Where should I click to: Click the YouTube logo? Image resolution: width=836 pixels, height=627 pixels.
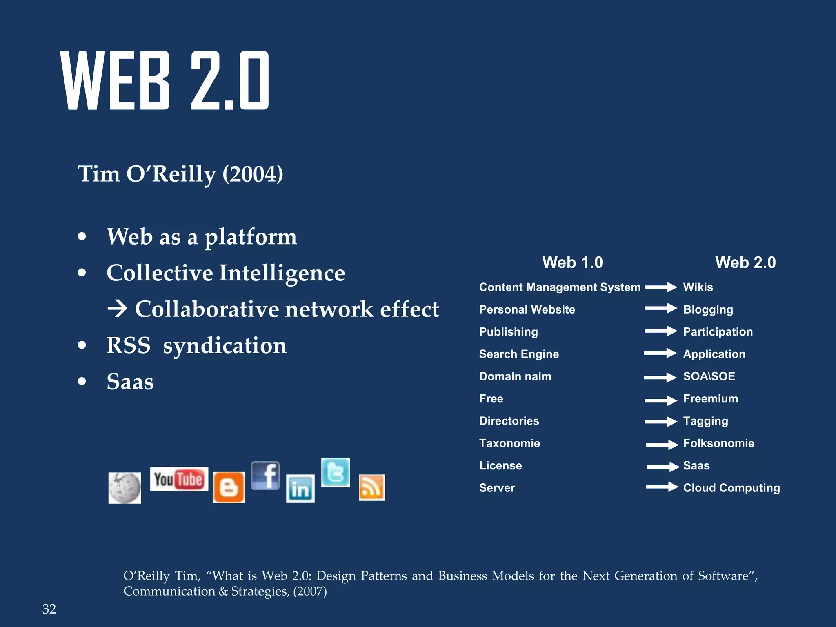[179, 479]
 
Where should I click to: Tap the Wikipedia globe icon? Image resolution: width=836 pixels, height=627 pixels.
[125, 488]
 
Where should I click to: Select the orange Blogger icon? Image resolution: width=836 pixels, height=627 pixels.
[229, 487]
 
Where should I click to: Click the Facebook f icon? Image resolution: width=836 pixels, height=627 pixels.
[265, 476]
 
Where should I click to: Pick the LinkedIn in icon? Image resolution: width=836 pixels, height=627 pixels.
[300, 489]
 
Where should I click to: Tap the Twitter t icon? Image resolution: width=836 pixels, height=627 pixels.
[336, 472]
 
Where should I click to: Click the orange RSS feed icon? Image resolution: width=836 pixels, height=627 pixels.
[371, 487]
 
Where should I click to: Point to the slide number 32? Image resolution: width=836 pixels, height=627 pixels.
[49, 609]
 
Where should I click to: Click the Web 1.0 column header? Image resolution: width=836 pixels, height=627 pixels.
[572, 262]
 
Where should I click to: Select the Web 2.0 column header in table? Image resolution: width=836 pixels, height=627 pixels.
[745, 262]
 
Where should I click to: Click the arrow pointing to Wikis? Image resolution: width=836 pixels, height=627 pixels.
[661, 287]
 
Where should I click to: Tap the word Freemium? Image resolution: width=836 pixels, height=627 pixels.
[711, 398]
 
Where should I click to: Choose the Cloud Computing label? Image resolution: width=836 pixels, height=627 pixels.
[731, 488]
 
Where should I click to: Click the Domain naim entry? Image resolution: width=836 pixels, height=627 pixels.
[515, 376]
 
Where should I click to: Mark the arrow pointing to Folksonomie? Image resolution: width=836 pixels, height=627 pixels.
[662, 444]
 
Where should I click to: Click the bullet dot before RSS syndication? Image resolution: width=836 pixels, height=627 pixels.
[82, 345]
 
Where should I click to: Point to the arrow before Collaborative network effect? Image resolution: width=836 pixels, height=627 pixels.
[118, 309]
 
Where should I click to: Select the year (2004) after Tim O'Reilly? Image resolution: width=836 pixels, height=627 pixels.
[253, 174]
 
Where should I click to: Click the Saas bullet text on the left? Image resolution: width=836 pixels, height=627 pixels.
[130, 382]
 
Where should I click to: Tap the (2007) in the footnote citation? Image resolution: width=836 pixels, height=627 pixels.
[310, 591]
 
